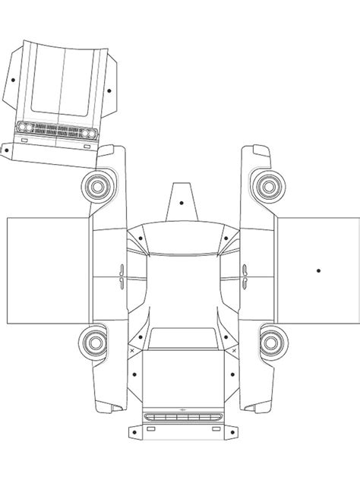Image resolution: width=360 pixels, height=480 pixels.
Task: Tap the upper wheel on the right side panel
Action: pyautogui.click(x=266, y=185)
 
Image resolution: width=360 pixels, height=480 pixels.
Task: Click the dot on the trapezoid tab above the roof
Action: pyautogui.click(x=181, y=203)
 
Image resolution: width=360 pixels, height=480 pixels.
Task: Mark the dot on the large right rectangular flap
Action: pyautogui.click(x=319, y=270)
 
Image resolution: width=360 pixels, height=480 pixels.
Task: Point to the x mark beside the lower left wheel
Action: pyautogui.click(x=132, y=351)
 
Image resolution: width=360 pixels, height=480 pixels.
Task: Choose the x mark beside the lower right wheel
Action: pyautogui.click(x=230, y=351)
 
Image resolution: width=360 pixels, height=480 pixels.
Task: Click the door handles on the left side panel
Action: pyautogui.click(x=120, y=273)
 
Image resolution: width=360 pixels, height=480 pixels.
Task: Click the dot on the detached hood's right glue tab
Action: pyautogui.click(x=109, y=90)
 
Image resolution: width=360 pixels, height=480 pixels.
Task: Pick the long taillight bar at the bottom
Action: pyautogui.click(x=181, y=417)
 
